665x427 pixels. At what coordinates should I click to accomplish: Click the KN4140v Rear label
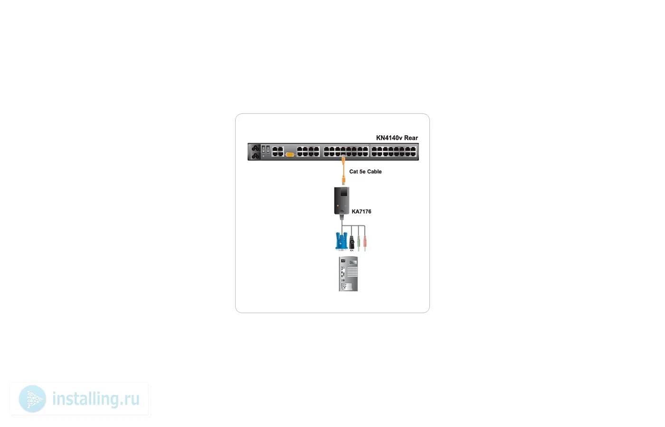point(397,138)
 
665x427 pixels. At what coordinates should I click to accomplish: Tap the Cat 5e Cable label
point(365,171)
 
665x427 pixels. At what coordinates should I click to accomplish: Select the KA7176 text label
point(361,212)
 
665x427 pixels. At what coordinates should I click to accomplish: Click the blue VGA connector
point(342,241)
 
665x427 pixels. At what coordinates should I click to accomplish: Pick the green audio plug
point(359,243)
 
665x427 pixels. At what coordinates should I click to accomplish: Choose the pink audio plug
point(365,243)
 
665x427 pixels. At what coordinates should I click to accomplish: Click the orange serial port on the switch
point(290,155)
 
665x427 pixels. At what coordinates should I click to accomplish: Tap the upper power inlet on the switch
point(256,148)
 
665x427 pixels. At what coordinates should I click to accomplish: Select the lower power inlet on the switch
point(256,156)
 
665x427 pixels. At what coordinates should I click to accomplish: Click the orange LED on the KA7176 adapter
point(338,205)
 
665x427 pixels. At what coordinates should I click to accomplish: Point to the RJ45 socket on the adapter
point(344,193)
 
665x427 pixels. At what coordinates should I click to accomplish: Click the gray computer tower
point(348,274)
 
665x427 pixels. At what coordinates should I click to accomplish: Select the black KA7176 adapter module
point(342,201)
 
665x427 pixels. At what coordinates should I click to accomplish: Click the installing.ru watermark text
point(96,399)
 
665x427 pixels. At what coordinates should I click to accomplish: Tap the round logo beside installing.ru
point(32,399)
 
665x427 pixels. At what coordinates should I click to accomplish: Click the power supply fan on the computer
point(353,262)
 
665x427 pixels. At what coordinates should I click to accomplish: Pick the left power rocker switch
point(263,150)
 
